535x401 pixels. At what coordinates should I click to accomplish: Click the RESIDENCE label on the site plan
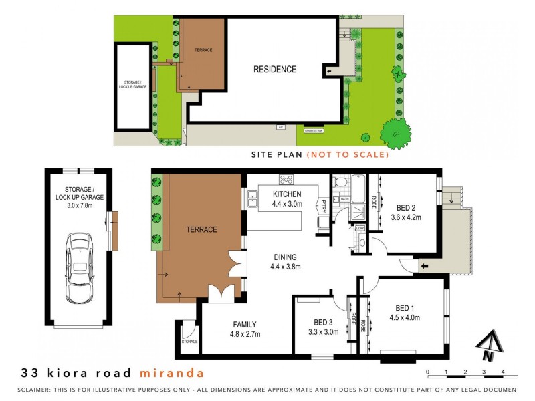[x=274, y=69]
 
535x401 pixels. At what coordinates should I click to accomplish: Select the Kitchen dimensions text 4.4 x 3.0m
[x=288, y=204]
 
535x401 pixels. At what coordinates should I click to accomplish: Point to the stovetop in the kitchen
[x=286, y=179]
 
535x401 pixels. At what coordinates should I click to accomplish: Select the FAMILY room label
[x=245, y=324]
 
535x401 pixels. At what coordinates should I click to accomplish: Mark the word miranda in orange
[x=172, y=372]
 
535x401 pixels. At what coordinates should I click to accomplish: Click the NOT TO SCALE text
[x=347, y=154]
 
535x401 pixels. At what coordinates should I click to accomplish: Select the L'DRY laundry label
[x=360, y=229]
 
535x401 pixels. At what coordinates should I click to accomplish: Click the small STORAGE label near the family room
[x=189, y=342]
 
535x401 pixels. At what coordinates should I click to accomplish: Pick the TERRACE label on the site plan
[x=203, y=50]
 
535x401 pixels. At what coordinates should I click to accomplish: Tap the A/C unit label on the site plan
[x=282, y=126]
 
